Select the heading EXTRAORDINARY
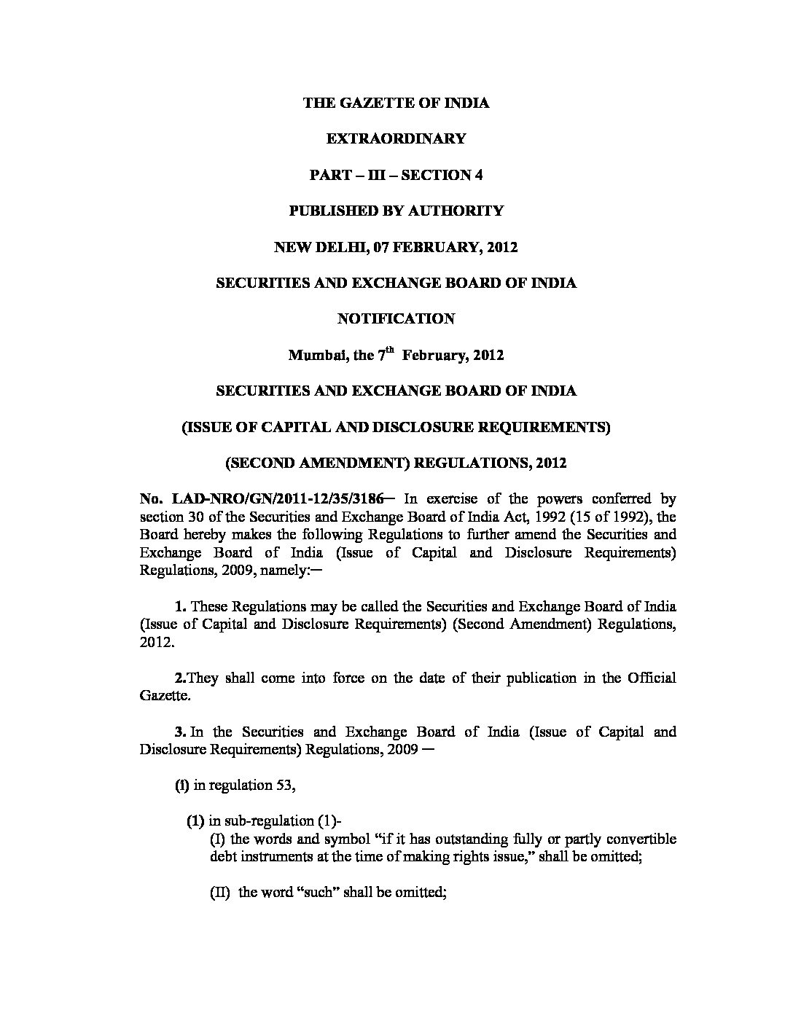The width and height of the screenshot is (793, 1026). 396,138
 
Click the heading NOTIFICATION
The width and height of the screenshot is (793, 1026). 396,318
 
